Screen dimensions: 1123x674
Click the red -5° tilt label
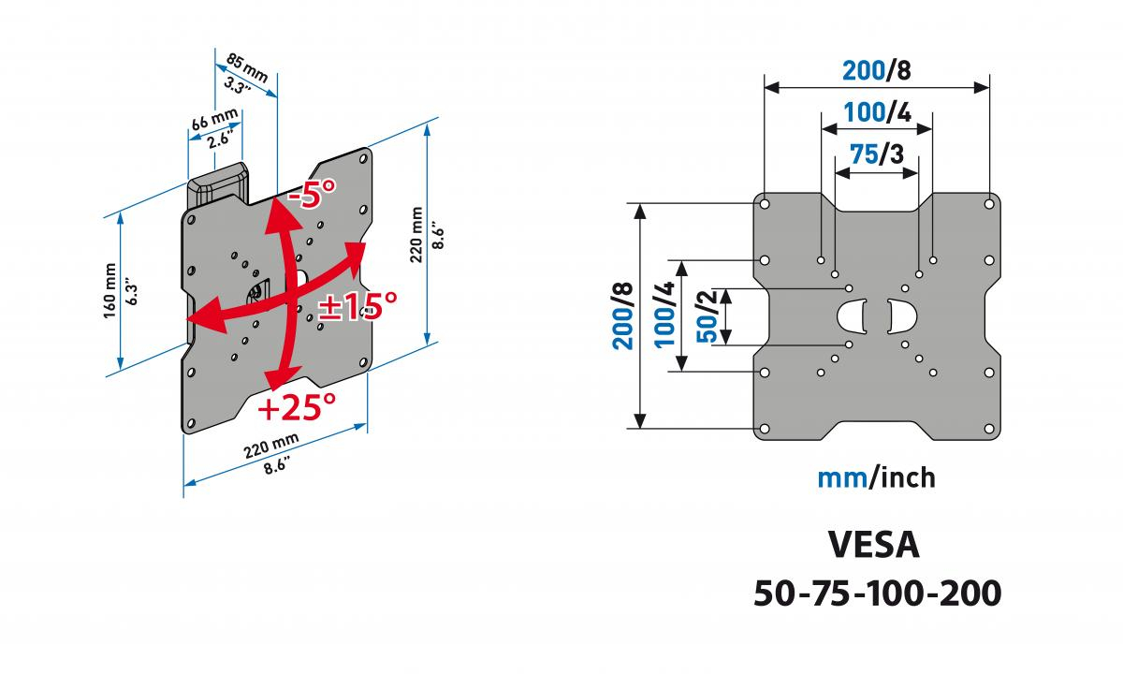[x=312, y=194]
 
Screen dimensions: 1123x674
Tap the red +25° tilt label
[x=297, y=406]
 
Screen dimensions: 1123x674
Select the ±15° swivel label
[x=357, y=305]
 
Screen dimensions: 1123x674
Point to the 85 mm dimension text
[x=247, y=68]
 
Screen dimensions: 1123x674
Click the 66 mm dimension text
[x=214, y=120]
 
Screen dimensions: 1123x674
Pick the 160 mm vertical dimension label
[x=109, y=290]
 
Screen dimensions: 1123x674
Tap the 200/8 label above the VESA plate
[x=876, y=71]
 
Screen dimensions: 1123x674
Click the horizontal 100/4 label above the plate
[x=877, y=112]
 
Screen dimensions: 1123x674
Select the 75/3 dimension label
[x=876, y=154]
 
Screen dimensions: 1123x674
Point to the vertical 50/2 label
[x=707, y=317]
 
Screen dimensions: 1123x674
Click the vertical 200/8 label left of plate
[x=622, y=316]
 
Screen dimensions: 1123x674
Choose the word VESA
[x=874, y=544]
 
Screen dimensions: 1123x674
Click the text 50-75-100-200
[x=878, y=593]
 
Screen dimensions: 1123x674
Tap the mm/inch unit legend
[x=876, y=477]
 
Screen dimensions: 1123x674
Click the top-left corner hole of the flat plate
[x=766, y=205]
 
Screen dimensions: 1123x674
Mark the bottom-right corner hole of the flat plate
[x=989, y=429]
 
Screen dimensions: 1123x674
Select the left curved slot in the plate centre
[x=852, y=316]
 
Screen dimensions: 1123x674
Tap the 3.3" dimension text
[x=237, y=86]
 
